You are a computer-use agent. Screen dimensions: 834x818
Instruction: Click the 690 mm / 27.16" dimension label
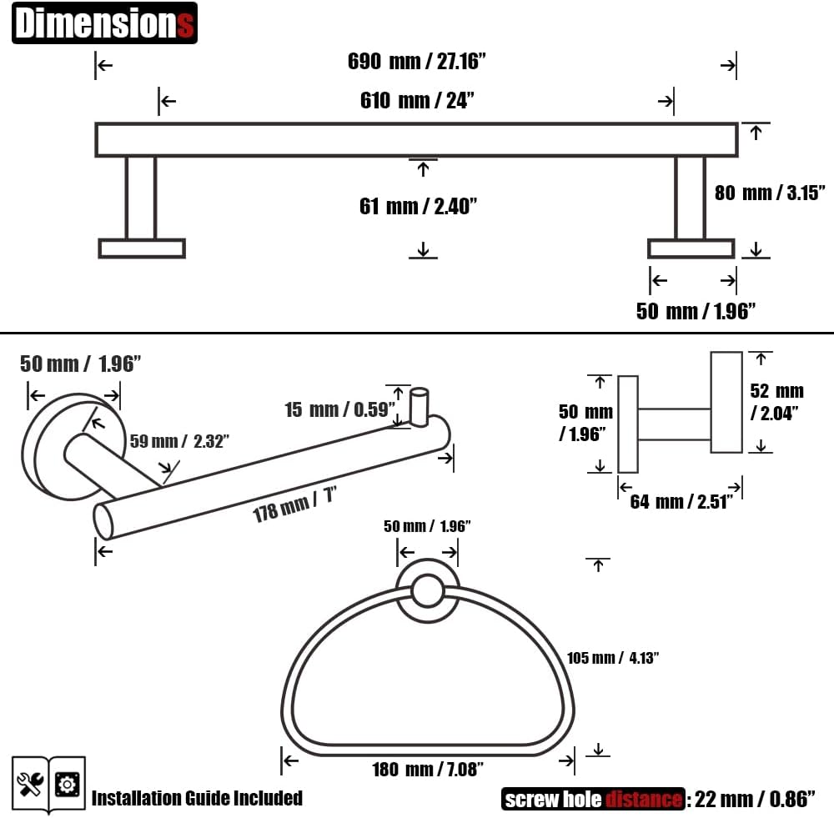click(x=416, y=61)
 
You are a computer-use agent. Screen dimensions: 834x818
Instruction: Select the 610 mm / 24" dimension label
click(x=417, y=100)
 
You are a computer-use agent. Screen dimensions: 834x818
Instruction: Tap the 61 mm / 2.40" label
click(x=418, y=206)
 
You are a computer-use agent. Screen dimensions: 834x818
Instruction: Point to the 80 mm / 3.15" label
click(x=770, y=193)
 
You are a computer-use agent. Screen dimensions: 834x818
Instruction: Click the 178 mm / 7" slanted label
click(x=294, y=504)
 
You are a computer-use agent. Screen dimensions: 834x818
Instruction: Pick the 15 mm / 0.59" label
click(x=340, y=409)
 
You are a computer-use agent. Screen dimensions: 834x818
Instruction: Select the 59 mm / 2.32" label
click(x=179, y=441)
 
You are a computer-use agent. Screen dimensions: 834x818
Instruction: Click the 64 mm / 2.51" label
click(x=681, y=501)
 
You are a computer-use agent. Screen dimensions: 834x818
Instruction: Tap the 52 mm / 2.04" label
click(x=776, y=402)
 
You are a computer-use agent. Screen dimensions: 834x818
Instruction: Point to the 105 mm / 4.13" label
click(x=613, y=658)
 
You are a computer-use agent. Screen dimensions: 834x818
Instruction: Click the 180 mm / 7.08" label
click(x=428, y=769)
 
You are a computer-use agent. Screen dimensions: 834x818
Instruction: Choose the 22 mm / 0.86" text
click(x=755, y=799)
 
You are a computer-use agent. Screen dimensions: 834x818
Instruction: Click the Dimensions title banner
click(x=104, y=23)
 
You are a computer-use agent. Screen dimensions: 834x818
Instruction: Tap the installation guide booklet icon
click(x=48, y=785)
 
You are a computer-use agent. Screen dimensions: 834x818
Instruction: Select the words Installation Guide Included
click(x=197, y=798)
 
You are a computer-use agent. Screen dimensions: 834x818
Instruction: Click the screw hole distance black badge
click(x=593, y=799)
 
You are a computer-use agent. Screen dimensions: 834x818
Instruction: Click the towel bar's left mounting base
click(x=142, y=248)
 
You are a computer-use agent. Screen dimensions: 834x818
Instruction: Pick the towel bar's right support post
click(x=690, y=198)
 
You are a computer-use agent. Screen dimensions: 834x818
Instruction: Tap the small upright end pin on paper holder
click(x=420, y=407)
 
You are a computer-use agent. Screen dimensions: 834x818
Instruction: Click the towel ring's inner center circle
click(x=427, y=590)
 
